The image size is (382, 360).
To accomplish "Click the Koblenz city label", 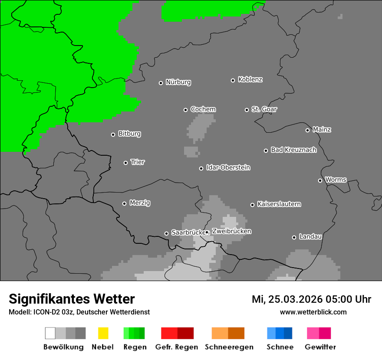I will pyautogui.click(x=250, y=79).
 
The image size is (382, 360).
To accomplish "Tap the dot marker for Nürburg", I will pyautogui.click(x=161, y=83).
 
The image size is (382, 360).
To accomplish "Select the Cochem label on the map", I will pyautogui.click(x=203, y=109).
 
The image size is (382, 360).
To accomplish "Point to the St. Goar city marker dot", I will pyautogui.click(x=247, y=110).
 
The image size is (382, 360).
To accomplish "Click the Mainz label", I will pyautogui.click(x=322, y=130).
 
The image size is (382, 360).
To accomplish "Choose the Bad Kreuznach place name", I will pyautogui.click(x=293, y=150).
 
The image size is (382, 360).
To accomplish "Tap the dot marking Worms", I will pyautogui.click(x=320, y=180).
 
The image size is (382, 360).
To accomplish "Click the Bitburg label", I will pyautogui.click(x=129, y=134).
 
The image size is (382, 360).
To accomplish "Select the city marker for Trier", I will pyautogui.click(x=125, y=163).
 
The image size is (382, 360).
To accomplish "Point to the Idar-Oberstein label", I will pyautogui.click(x=228, y=168).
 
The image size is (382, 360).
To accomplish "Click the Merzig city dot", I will pyautogui.click(x=124, y=203).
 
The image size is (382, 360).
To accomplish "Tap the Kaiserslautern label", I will pyautogui.click(x=279, y=204).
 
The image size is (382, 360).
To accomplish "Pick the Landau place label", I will pyautogui.click(x=310, y=237).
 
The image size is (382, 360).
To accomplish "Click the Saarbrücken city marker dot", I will pyautogui.click(x=166, y=233).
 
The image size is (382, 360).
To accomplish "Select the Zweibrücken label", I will pyautogui.click(x=231, y=232).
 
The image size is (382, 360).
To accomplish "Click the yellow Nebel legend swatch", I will pyautogui.click(x=103, y=333).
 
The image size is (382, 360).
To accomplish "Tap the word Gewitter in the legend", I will pyautogui.click(x=320, y=347).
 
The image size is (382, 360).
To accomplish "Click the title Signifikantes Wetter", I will pyautogui.click(x=72, y=299).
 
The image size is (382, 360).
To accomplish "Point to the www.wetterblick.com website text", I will pyautogui.click(x=313, y=312).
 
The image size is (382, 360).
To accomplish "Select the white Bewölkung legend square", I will pyautogui.click(x=50, y=333).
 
